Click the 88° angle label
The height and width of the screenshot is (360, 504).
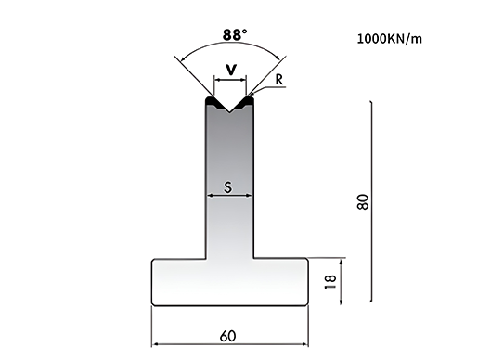pyautogui.click(x=235, y=34)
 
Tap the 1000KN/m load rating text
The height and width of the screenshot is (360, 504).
pyautogui.click(x=390, y=39)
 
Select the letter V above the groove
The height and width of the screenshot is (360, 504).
pyautogui.click(x=231, y=70)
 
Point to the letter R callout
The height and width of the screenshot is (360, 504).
pyautogui.click(x=279, y=80)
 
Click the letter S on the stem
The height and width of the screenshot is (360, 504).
pyautogui.click(x=228, y=187)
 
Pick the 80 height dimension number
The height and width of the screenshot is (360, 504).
pyautogui.click(x=363, y=202)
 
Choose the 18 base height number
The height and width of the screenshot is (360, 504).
pyautogui.click(x=330, y=282)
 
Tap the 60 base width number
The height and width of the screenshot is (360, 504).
pyautogui.click(x=228, y=336)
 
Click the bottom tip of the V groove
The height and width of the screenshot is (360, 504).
pyautogui.click(x=229, y=112)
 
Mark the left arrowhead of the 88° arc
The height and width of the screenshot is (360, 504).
pyautogui.click(x=184, y=58)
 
